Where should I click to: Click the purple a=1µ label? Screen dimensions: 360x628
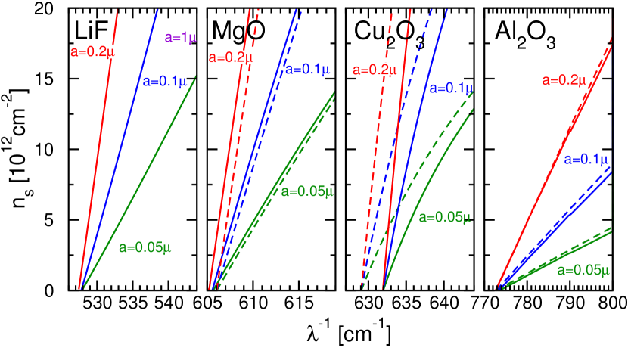(x=181, y=38)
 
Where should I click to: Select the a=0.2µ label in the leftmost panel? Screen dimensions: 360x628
(x=97, y=51)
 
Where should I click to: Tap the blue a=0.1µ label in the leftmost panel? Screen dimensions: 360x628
(x=164, y=82)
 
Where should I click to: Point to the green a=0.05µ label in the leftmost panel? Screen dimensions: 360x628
(x=145, y=247)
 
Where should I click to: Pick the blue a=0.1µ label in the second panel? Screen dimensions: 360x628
(x=307, y=70)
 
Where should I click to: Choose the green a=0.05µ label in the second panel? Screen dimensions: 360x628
(x=307, y=191)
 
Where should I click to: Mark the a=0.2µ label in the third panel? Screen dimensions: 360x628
(x=375, y=70)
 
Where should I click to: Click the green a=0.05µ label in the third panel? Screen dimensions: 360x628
(x=445, y=217)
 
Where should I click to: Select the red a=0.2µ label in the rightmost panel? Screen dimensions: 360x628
(x=564, y=80)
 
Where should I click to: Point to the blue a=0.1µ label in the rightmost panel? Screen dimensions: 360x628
(x=586, y=160)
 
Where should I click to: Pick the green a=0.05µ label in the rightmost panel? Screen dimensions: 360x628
(x=583, y=270)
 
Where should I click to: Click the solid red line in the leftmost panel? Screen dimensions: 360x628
(x=98, y=151)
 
